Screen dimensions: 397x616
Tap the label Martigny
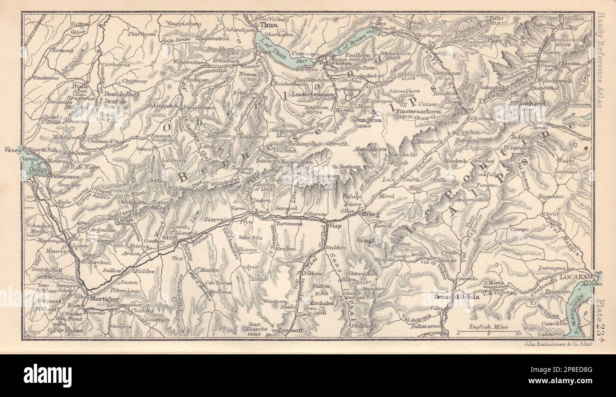coord(102,299)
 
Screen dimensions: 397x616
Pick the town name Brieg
coord(371,214)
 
